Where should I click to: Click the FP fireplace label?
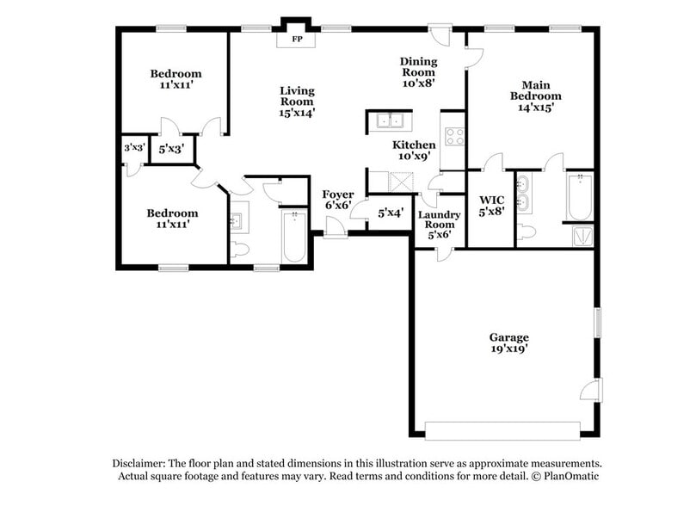click(x=297, y=39)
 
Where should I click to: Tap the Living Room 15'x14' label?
click(x=297, y=102)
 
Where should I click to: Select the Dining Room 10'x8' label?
click(x=418, y=72)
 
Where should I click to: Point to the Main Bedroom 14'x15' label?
click(x=535, y=96)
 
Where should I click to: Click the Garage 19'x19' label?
click(x=508, y=343)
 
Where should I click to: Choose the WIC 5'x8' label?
click(x=491, y=206)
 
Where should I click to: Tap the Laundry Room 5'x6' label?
click(x=439, y=225)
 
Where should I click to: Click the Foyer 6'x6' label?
click(x=338, y=200)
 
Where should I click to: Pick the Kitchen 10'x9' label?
click(x=414, y=150)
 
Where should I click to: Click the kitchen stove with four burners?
click(x=454, y=136)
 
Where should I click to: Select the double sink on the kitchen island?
click(x=389, y=120)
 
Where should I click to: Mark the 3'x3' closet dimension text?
click(x=134, y=147)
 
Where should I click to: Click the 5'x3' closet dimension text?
click(x=171, y=149)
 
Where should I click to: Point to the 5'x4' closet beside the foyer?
click(x=391, y=213)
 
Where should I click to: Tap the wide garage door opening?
click(x=502, y=430)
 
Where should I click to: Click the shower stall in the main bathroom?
click(x=582, y=236)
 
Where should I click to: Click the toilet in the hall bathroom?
click(x=238, y=250)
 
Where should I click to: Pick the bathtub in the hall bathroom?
click(x=294, y=237)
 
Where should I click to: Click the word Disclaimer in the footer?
click(x=139, y=463)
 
